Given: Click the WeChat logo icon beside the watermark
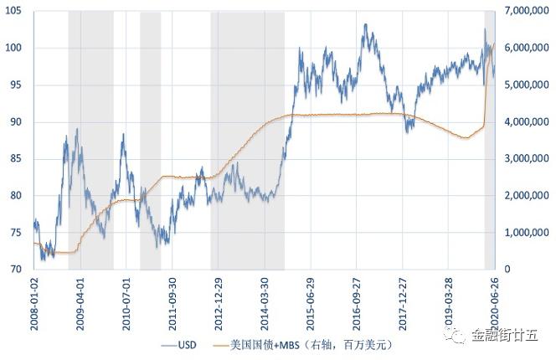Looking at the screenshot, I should click(x=461, y=336).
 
